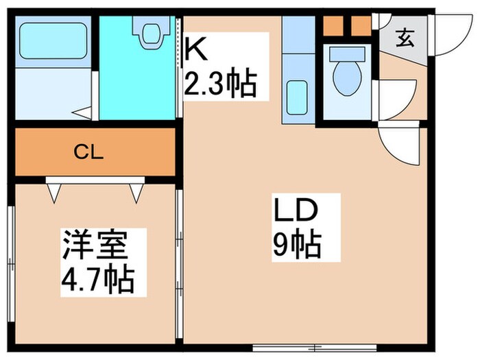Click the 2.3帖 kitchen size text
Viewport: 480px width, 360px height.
[x=219, y=85]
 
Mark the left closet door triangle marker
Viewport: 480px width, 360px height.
[x=54, y=192]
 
